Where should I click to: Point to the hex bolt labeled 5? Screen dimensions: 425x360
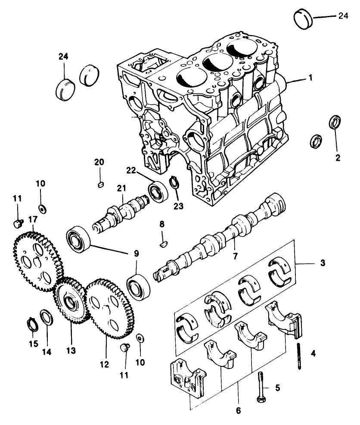tap(261, 387)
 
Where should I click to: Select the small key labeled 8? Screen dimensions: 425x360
tap(162, 244)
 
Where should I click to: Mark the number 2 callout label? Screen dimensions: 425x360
tap(338, 158)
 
